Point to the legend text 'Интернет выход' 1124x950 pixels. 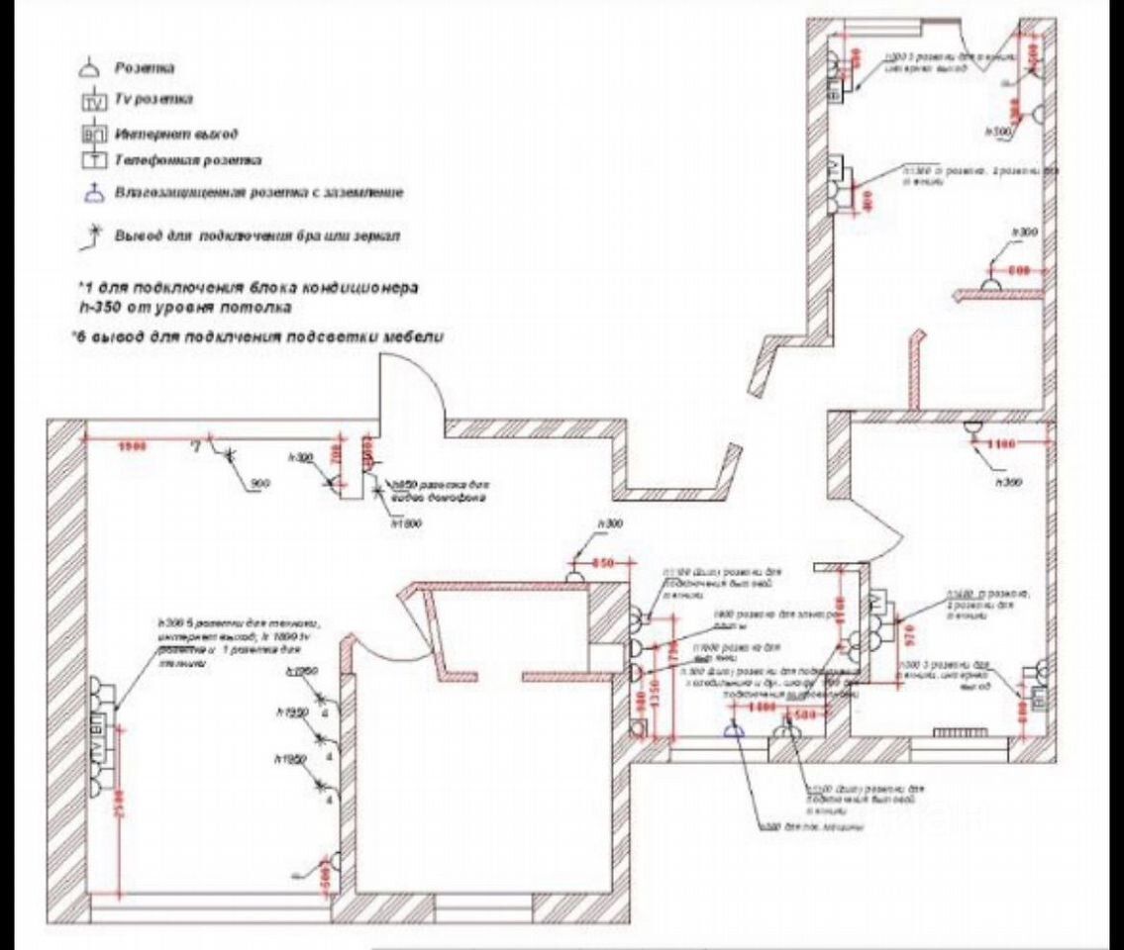pos(176,132)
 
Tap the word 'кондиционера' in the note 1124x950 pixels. pos(362,287)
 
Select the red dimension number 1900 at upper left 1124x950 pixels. pos(132,446)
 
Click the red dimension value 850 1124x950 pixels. pos(604,563)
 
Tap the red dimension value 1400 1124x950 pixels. pos(763,709)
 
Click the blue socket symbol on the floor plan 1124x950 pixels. pos(734,730)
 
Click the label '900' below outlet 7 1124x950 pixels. pos(261,483)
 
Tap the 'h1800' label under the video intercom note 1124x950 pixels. pos(406,522)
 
